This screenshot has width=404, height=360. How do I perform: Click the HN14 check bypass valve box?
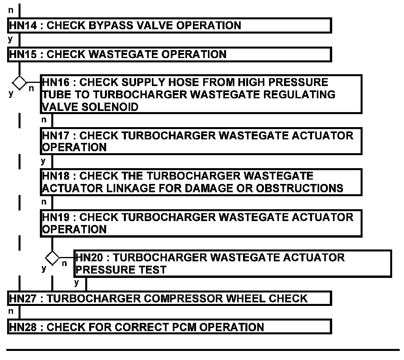(x=169, y=26)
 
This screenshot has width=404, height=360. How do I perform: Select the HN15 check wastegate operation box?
(x=169, y=54)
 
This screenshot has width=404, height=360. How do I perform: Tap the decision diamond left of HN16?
(x=19, y=83)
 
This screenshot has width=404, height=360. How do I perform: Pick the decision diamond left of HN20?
(x=52, y=258)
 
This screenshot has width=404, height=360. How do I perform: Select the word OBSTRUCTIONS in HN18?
(x=299, y=188)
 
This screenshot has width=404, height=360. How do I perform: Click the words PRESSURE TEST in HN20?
(x=121, y=270)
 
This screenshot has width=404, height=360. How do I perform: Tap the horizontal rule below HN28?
(x=203, y=350)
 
